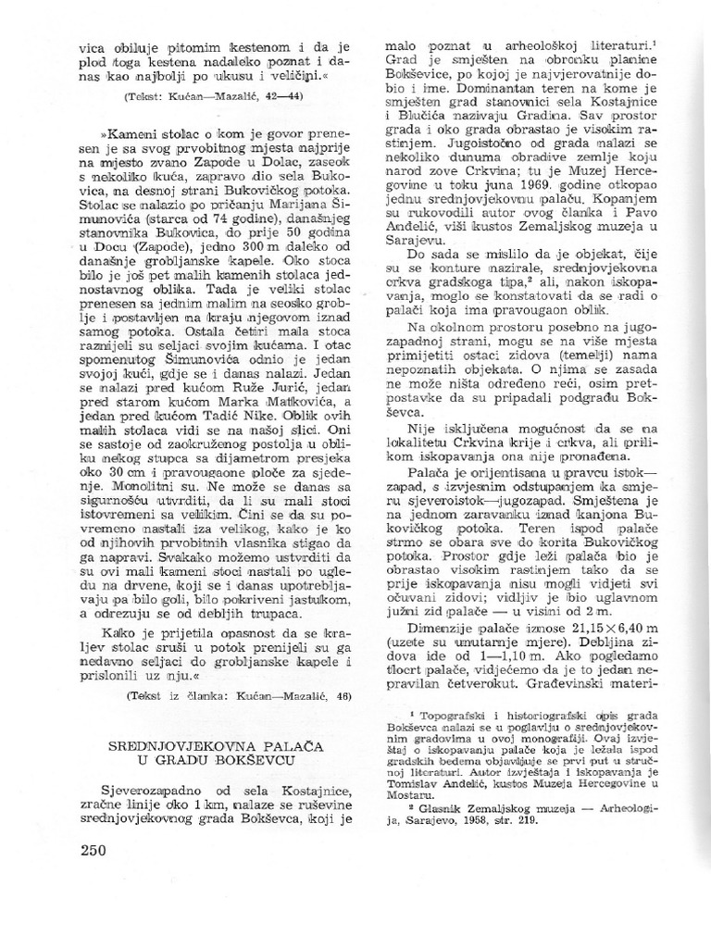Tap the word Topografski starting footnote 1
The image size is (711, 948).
pos(455,717)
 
